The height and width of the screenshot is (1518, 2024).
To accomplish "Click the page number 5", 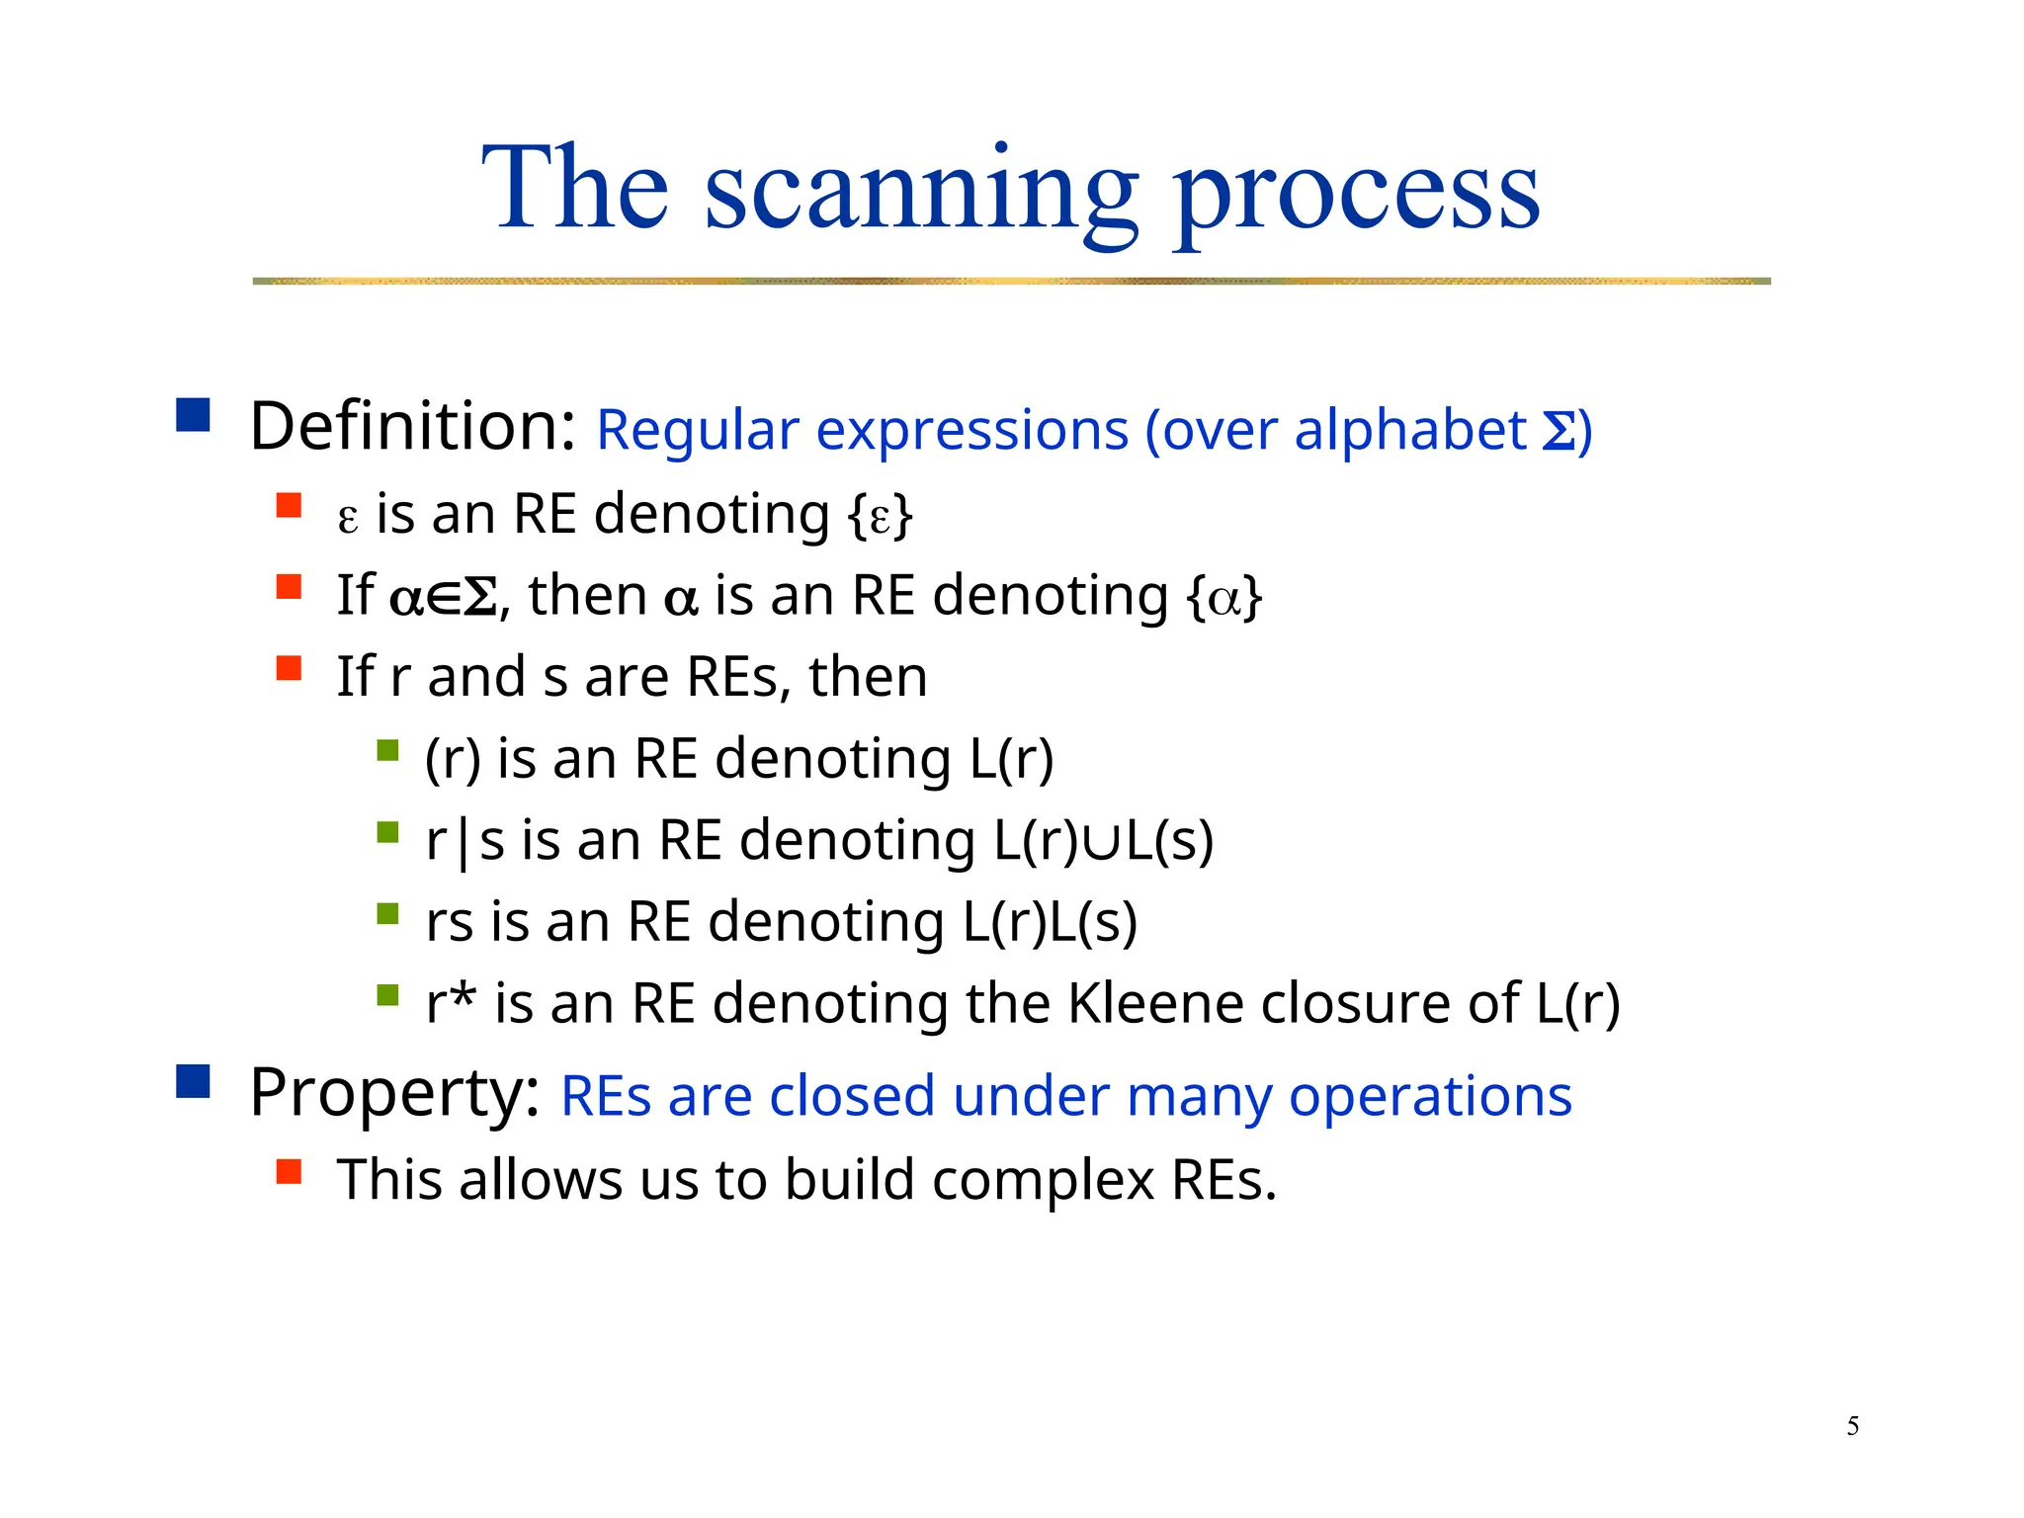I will pos(1852,1426).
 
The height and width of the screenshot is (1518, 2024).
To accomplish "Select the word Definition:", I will pos(412,427).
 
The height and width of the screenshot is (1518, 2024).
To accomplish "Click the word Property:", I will pos(394,1093).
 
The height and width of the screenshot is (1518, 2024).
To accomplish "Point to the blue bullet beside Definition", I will pos(194,415).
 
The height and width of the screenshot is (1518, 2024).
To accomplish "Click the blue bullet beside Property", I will pos(194,1081).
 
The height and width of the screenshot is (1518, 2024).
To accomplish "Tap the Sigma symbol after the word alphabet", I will pos(1559,432).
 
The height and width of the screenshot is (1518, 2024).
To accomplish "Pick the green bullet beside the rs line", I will pos(387,914).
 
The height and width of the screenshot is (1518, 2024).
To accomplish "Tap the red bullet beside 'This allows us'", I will pos(289,1172).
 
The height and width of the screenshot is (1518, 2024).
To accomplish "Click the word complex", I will pos(1043,1181).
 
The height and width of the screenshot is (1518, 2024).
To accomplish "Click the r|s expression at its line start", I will pos(464,842).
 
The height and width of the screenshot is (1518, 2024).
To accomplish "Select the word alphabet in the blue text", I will pos(1409,431).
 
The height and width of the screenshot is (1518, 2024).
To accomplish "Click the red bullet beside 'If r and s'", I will pos(289,669).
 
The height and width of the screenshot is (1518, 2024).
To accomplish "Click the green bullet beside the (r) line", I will pos(387,751).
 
